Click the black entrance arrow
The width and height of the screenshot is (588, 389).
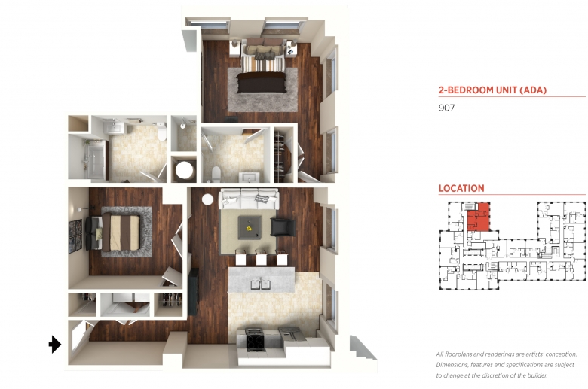tap(55, 344)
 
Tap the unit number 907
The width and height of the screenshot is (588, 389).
tap(446, 108)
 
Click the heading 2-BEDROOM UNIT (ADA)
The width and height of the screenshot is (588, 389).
tap(493, 90)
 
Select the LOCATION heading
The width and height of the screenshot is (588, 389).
tap(461, 188)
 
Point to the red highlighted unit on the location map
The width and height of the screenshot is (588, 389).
tap(478, 217)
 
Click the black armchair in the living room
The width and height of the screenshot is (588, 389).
tap(283, 227)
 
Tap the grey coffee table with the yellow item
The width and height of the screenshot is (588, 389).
tap(250, 228)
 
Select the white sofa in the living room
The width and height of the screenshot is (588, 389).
tap(249, 199)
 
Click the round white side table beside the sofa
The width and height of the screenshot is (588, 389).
tap(207, 199)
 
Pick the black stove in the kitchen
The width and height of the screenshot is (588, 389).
tap(256, 339)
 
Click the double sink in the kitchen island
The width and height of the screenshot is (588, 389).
tap(261, 284)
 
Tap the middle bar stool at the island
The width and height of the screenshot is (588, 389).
tap(261, 257)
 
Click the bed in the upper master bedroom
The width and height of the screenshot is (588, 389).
tap(262, 67)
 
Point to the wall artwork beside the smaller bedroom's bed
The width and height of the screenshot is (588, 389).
tap(75, 236)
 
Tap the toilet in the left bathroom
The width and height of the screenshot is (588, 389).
tap(161, 132)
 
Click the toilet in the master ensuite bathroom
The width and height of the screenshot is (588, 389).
tap(216, 175)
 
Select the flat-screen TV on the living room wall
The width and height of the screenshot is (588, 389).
tap(193, 291)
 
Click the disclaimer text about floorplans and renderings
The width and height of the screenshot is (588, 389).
tap(507, 365)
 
